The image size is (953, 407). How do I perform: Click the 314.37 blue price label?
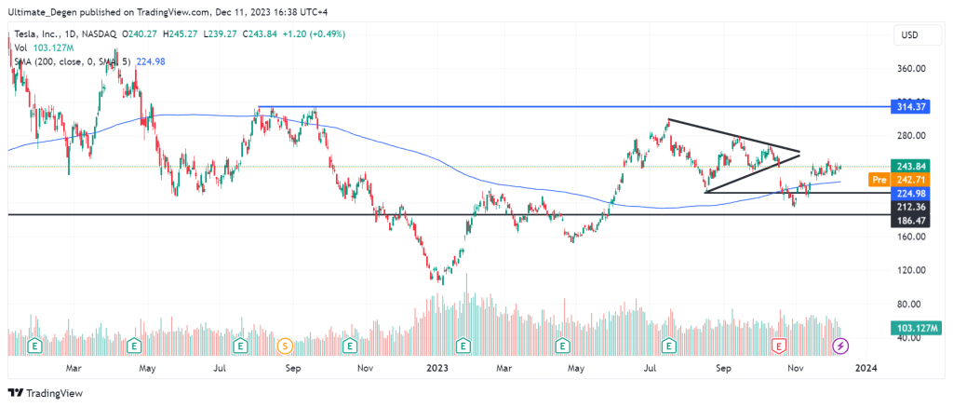click(908, 107)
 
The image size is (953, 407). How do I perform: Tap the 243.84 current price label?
click(908, 167)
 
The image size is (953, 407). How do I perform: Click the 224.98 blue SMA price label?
click(908, 193)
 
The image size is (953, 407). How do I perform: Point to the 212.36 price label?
click(908, 205)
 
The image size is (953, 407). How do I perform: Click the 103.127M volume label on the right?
click(915, 329)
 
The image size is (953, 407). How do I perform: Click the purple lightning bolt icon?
click(840, 346)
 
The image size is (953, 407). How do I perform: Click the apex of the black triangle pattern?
click(800, 151)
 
